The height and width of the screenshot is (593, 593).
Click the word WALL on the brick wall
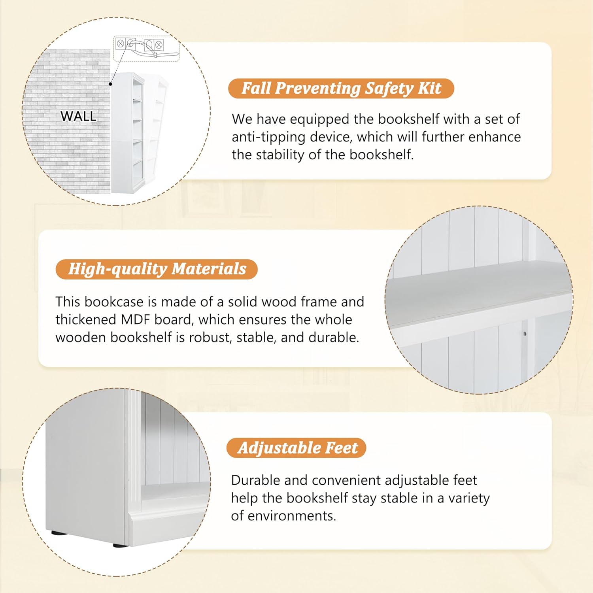pos(78,116)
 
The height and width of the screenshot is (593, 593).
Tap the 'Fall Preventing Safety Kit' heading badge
pos(341,88)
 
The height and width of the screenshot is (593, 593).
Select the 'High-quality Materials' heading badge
pos(157,269)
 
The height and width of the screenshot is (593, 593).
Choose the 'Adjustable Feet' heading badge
pos(296,448)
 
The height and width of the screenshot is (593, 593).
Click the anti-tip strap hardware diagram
pos(146,48)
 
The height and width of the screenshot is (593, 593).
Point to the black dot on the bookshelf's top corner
pos(111,84)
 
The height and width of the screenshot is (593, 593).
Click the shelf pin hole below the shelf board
pos(525,334)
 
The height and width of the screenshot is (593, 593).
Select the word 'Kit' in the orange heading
pos(430,88)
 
